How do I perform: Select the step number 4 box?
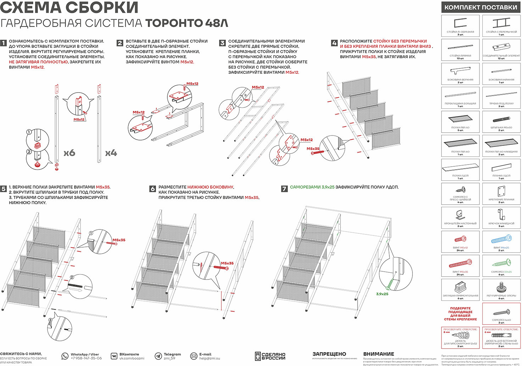coord(334,43)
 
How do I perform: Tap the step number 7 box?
coord(284,189)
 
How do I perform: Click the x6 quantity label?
coord(69,153)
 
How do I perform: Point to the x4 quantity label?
coord(111,153)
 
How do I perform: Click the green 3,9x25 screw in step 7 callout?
coord(389,283)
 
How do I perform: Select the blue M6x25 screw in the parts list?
coord(501,239)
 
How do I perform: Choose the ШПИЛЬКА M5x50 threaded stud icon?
coord(501,120)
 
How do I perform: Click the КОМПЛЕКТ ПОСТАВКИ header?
coord(481,7)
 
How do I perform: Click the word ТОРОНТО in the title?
coord(174,23)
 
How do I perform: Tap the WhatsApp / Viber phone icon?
coord(65,356)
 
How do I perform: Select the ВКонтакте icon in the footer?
coord(114,356)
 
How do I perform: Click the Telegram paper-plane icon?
coord(158,356)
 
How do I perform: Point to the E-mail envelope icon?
coord(194,356)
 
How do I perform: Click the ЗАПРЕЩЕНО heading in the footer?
coord(329,354)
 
